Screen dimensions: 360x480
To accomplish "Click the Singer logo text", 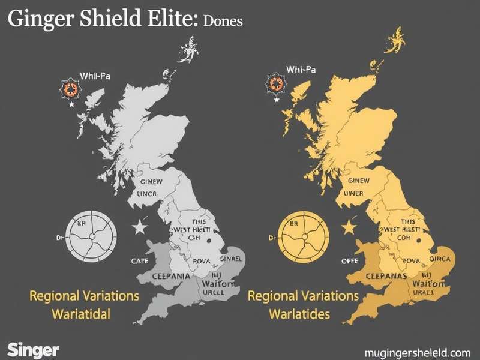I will click(33, 349).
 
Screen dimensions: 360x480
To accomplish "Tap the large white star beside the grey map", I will click(139, 227).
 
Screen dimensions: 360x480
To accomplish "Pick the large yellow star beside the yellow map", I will click(347, 227).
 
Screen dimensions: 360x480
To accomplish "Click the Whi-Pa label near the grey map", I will click(94, 77).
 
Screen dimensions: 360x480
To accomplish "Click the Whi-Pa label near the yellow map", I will click(301, 70).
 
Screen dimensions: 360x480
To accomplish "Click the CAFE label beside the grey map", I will click(140, 262).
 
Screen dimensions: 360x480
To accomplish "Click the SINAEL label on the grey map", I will click(228, 258).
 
